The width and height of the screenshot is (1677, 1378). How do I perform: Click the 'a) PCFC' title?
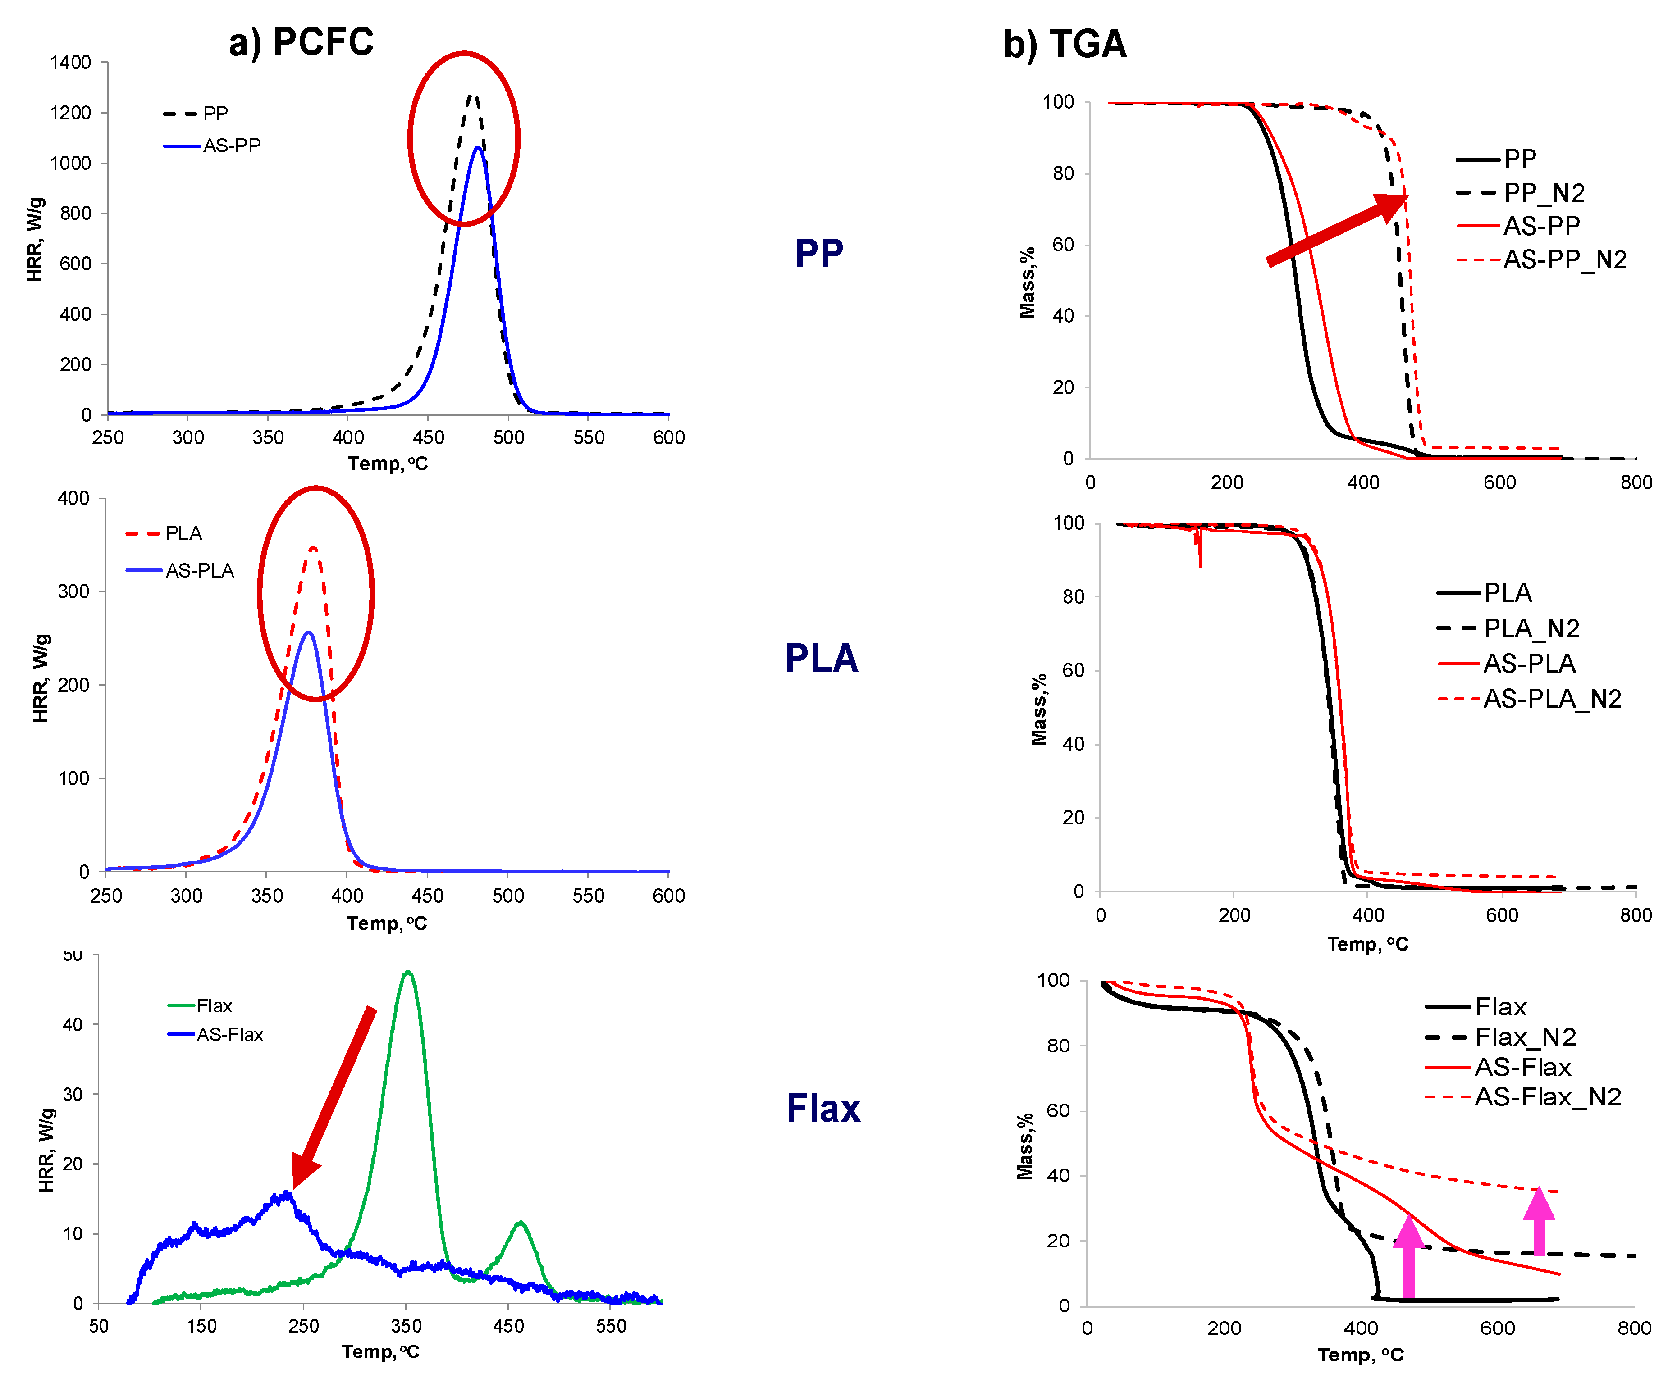(x=301, y=42)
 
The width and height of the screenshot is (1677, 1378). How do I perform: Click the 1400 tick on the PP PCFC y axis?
(x=71, y=63)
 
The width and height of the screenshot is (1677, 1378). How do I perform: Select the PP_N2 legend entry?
(x=1543, y=193)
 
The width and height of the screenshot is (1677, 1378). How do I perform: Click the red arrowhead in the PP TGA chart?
(x=1391, y=205)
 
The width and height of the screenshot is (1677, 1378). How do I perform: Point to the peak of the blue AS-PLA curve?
(x=308, y=632)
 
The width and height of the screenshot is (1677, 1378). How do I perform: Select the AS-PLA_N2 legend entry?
(x=1551, y=699)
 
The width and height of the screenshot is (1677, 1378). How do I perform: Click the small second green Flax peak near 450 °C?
(x=520, y=1223)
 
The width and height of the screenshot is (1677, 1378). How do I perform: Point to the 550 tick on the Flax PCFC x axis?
(x=611, y=1326)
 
